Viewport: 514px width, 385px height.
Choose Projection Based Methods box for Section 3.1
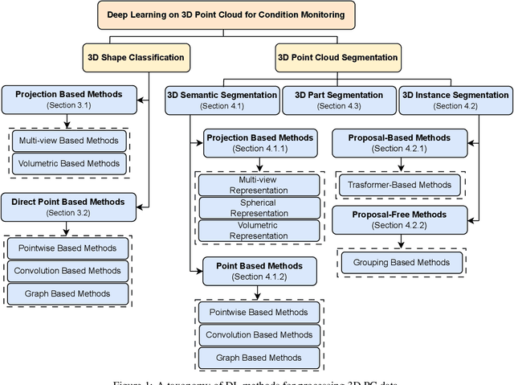(67, 100)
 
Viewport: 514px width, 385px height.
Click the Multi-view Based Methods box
(69, 141)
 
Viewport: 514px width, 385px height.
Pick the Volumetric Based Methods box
(69, 163)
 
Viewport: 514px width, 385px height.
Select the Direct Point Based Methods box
(67, 207)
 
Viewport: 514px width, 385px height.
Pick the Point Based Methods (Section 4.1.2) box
(253, 271)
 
